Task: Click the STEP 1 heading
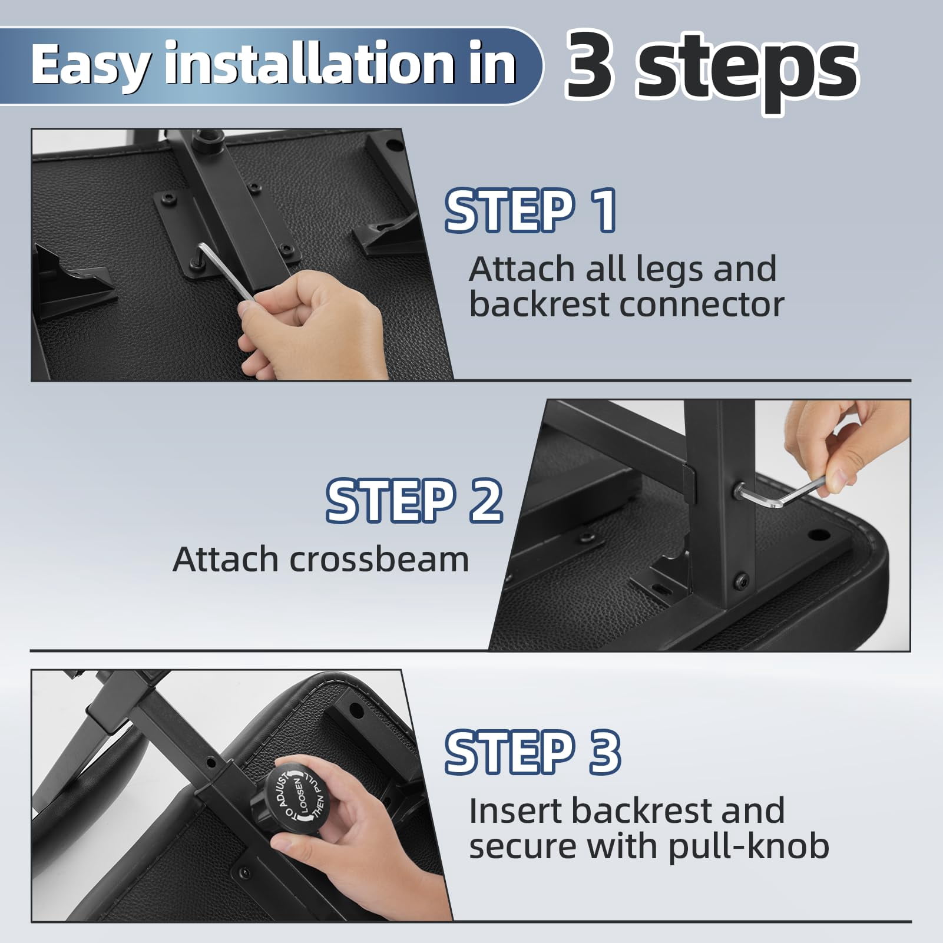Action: [x=531, y=210]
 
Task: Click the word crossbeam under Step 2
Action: [x=379, y=559]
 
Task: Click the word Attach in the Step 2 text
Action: [x=226, y=559]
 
